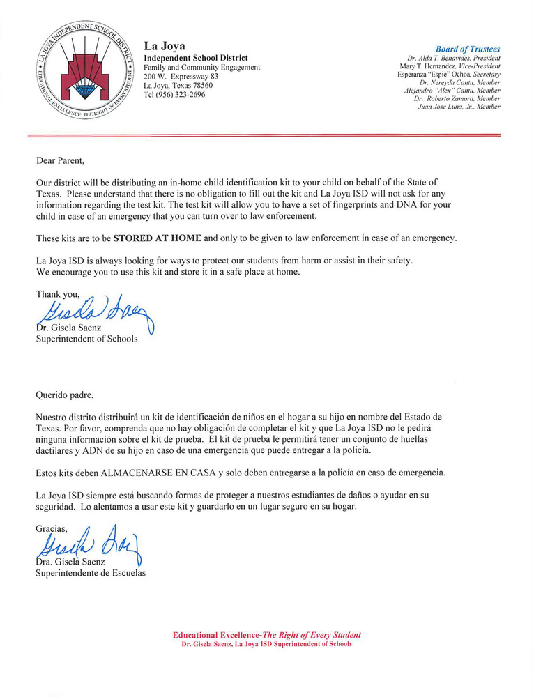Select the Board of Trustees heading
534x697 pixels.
468,49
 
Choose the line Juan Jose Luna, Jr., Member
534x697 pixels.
458,107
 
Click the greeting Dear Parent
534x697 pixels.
60,160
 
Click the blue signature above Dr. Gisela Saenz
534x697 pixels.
94,312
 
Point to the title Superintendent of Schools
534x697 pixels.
86,339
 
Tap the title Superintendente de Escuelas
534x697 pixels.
91,574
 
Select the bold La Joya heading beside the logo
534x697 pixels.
164,47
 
